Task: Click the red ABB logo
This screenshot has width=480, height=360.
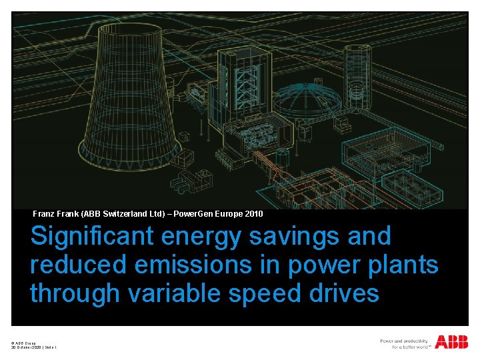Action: tap(451, 342)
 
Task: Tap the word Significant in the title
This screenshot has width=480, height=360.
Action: tap(88, 236)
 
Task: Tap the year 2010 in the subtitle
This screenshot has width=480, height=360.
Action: tap(253, 214)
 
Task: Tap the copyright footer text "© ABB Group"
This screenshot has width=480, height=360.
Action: tap(23, 343)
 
